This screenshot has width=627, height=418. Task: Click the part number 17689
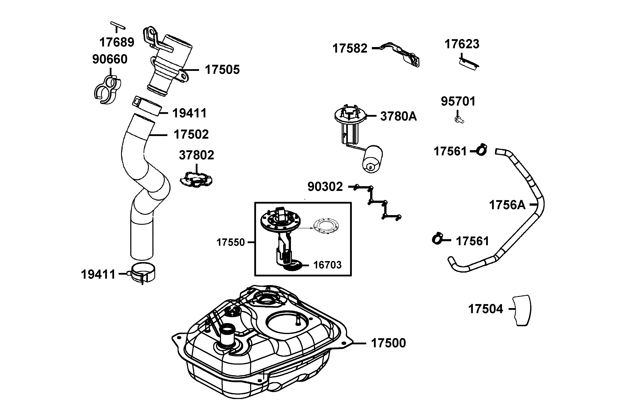pos(117,42)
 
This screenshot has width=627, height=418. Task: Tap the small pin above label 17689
pos(118,25)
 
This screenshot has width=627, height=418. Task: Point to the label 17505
pos(222,69)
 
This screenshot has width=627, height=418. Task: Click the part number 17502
pos(191,134)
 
